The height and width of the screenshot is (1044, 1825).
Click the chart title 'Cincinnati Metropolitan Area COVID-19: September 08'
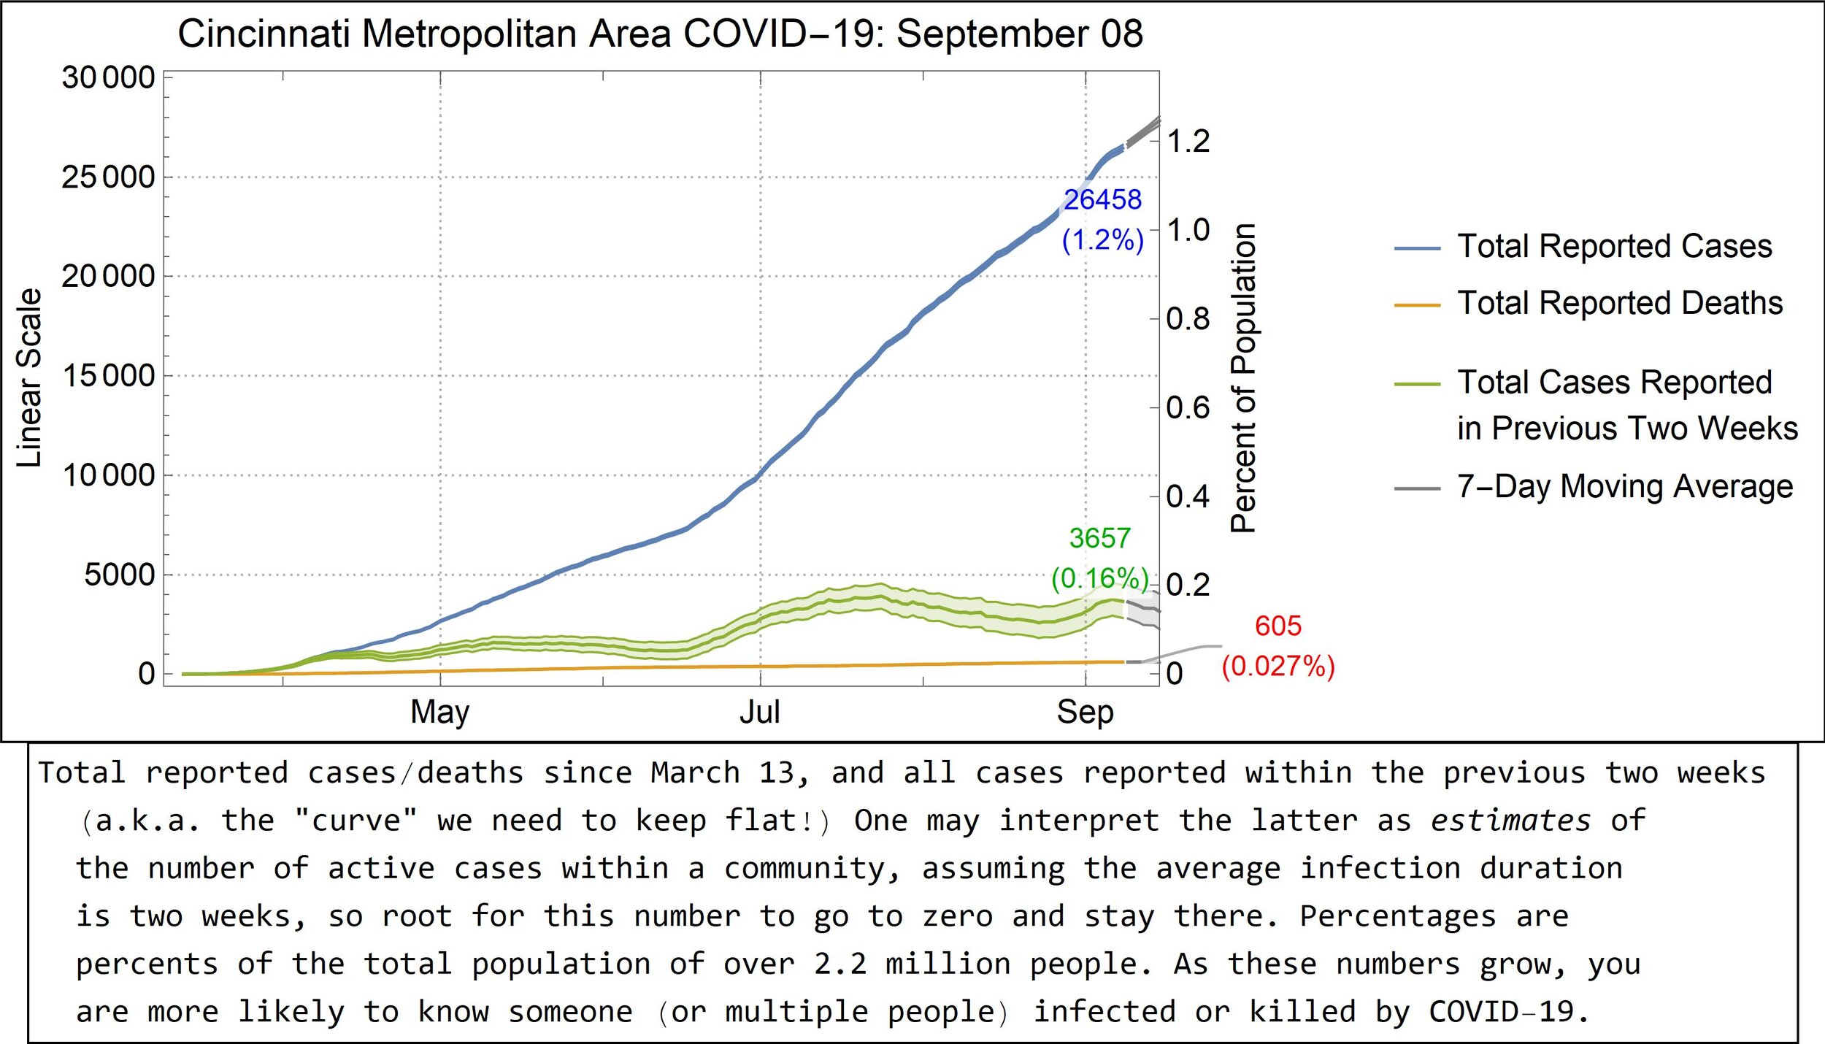(x=660, y=34)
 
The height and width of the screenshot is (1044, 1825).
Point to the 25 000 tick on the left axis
(x=108, y=177)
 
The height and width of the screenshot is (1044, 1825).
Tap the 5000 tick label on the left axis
(x=120, y=575)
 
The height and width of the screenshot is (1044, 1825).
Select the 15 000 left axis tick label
(x=108, y=375)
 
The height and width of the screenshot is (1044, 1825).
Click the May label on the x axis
(x=440, y=712)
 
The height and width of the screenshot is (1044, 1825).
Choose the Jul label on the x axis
(x=760, y=712)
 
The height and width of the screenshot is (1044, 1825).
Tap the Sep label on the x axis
(x=1086, y=712)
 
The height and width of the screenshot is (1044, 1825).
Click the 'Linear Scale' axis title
(x=29, y=377)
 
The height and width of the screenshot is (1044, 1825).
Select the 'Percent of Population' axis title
(x=1243, y=377)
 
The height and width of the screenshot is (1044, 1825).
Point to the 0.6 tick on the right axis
(x=1188, y=407)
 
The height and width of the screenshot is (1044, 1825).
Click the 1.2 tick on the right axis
(x=1188, y=141)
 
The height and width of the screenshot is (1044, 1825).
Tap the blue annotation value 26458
(x=1102, y=199)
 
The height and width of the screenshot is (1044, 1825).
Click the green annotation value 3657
(x=1099, y=538)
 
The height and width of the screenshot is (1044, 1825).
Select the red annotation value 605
(x=1278, y=626)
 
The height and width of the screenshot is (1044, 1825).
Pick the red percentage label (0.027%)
(x=1278, y=666)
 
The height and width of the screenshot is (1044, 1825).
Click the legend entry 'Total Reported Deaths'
(x=1620, y=303)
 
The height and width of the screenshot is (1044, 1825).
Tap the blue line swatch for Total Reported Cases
(x=1417, y=248)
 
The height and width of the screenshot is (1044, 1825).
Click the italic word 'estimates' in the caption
(x=1510, y=821)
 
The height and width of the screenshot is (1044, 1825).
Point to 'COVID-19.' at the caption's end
(x=1508, y=1012)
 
